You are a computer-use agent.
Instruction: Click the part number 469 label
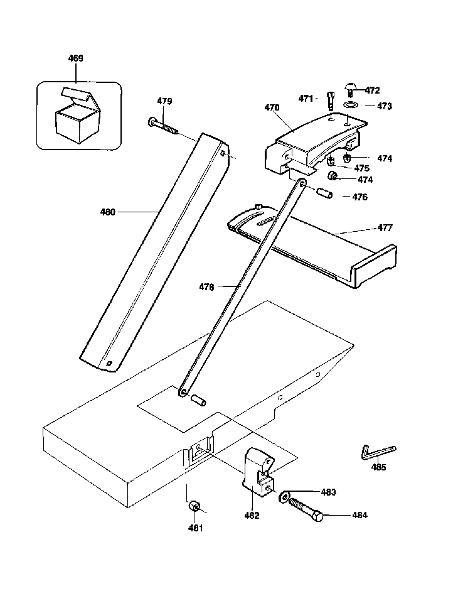(75, 58)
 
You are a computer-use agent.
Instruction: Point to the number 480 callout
(108, 212)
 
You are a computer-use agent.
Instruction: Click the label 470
(272, 108)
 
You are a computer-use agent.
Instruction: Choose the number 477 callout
(385, 228)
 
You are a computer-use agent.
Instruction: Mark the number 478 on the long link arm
(207, 287)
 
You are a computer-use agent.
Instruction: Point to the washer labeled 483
(284, 497)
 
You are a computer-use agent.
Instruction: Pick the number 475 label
(362, 168)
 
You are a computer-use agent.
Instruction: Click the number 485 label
(378, 467)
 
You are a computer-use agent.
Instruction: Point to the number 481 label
(196, 528)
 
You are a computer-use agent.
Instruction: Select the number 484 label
(360, 516)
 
